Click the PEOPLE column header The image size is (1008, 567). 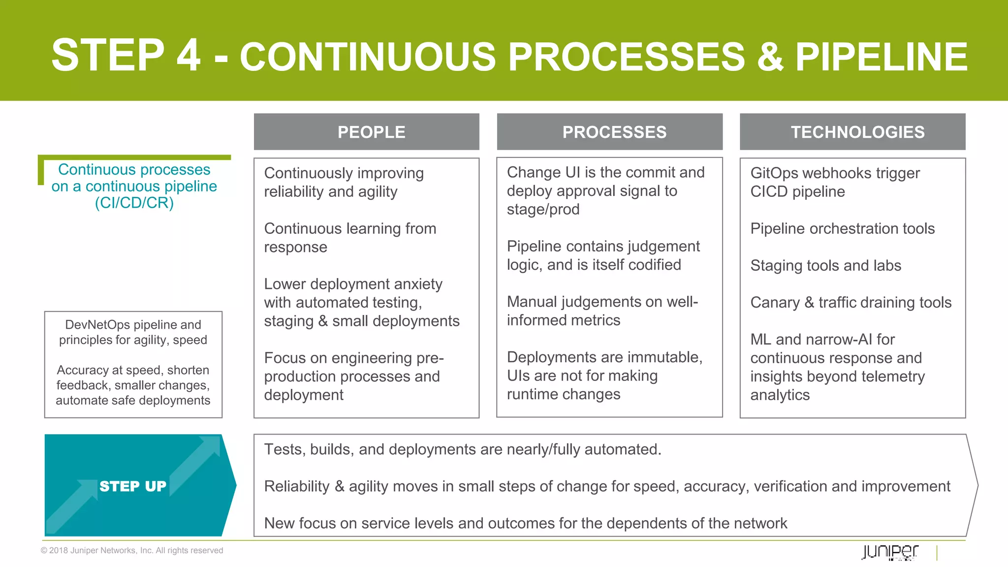coord(371,132)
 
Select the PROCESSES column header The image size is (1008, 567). coord(614,132)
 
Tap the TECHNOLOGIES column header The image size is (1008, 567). coord(857,132)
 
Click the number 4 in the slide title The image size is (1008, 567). coord(189,55)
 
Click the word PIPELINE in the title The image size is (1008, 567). coord(881,57)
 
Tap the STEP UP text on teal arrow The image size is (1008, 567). coord(133,486)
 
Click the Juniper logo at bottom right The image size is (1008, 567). coord(890,552)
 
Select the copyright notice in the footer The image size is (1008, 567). coord(132,550)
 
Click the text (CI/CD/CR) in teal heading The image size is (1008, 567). coord(134,203)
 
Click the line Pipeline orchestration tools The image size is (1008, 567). coord(842,228)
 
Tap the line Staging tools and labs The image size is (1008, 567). coord(825,265)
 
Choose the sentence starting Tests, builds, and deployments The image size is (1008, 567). coord(462,449)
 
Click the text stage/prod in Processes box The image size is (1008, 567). coord(543,209)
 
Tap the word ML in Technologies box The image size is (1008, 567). coord(760,339)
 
